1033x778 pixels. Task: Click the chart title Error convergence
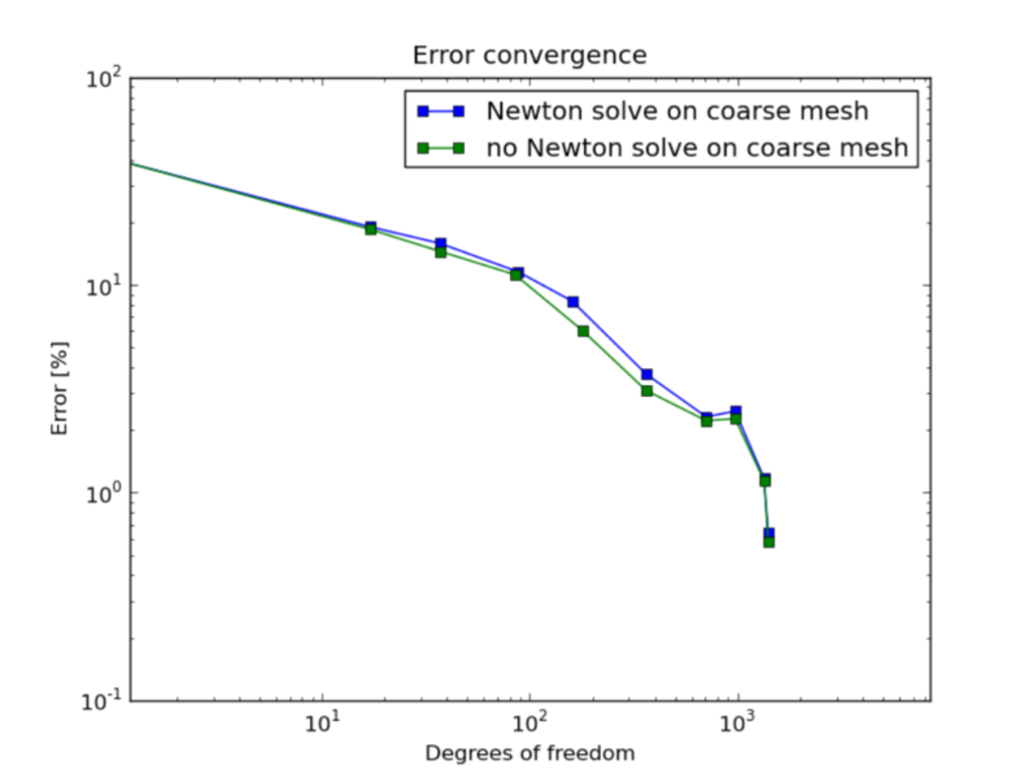click(x=529, y=56)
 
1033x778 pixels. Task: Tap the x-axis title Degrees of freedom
click(x=529, y=753)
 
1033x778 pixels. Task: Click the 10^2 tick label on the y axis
click(x=105, y=80)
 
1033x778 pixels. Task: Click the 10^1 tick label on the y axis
click(x=105, y=287)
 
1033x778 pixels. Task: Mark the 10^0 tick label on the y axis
click(x=105, y=495)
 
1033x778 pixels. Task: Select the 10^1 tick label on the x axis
click(x=321, y=723)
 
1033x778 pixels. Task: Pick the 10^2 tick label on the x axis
click(x=530, y=723)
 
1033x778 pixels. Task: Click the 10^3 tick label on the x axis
click(x=738, y=723)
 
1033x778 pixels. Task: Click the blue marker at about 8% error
click(x=573, y=302)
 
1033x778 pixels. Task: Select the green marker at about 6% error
click(x=583, y=331)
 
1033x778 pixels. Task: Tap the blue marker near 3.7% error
click(x=647, y=375)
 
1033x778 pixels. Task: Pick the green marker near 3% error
click(x=647, y=391)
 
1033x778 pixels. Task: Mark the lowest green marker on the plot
click(x=769, y=542)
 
